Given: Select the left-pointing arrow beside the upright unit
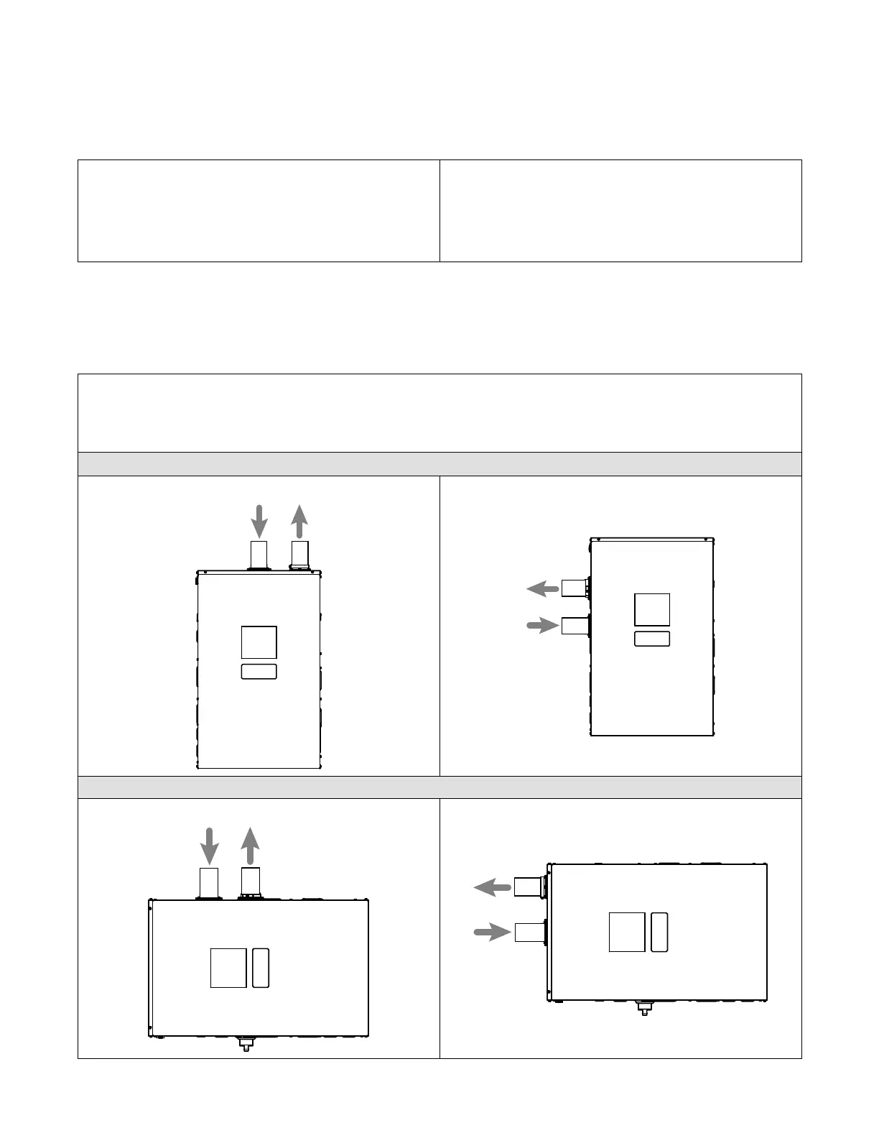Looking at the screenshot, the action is [x=543, y=589].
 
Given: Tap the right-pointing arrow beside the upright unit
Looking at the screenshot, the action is [x=543, y=626].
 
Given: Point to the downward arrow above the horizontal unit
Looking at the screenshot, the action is [x=209, y=846].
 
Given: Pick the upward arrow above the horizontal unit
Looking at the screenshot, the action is [x=250, y=846].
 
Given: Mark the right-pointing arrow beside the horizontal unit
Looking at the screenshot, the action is [x=492, y=933].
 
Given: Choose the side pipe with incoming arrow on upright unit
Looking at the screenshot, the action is [x=575, y=626].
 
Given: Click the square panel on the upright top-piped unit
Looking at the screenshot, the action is [x=259, y=642].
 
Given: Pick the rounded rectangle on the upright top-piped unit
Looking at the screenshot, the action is [x=259, y=672].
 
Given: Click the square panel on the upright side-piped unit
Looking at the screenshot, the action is [x=652, y=610].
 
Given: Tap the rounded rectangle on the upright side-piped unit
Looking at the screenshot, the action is [x=652, y=639].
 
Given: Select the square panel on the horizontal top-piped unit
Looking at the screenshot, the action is [x=228, y=968].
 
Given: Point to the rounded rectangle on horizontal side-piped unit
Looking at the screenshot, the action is [x=660, y=932].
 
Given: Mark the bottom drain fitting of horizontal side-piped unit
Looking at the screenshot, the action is [x=644, y=1008].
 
